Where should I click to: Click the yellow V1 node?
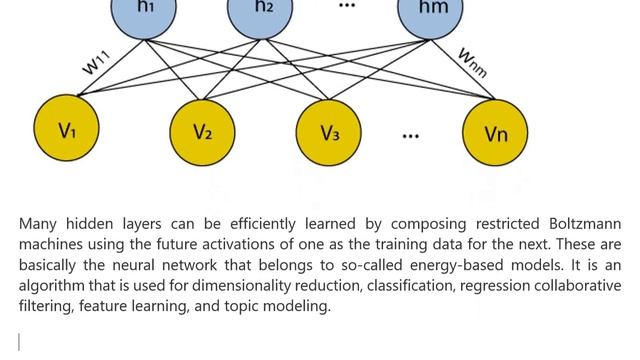pos(66,128)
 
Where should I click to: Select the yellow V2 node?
pos(202,133)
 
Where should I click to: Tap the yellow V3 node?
pos(329,133)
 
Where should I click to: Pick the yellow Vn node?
pos(495,133)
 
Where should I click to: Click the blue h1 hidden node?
pos(144,12)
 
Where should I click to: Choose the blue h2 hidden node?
pos(260,12)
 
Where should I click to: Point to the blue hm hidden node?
pos(431,12)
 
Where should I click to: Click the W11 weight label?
pos(96,62)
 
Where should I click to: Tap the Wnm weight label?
pos(473,62)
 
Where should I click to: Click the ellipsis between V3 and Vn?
pos(411,136)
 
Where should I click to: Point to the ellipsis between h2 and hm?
pos(347,5)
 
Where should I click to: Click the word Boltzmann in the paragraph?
pos(585,224)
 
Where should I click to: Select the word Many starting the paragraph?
pos(38,224)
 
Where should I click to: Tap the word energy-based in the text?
pos(456,265)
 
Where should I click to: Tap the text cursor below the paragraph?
pos(19,342)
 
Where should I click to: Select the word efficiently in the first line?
pos(262,224)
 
